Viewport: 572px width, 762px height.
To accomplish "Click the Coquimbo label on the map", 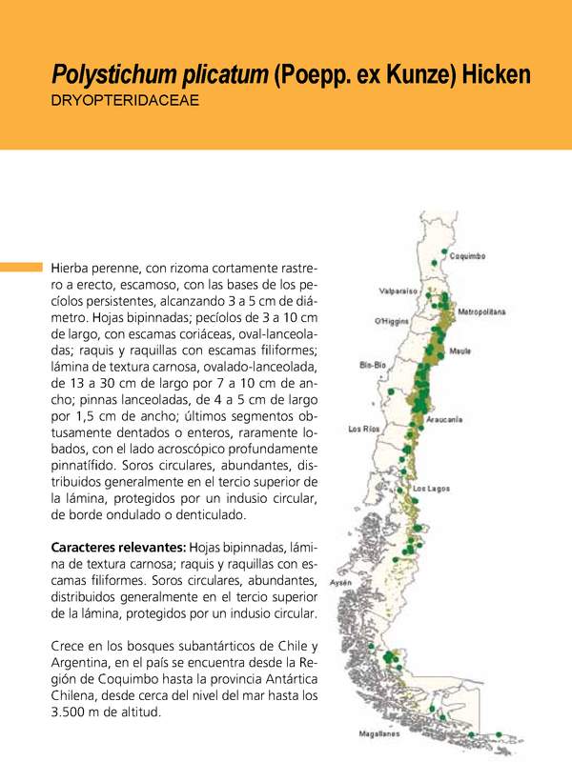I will point(468,256).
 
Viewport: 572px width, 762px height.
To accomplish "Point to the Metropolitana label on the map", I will point(481,311).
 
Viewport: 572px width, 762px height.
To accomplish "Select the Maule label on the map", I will point(460,351).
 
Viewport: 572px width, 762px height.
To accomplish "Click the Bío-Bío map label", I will point(373,365).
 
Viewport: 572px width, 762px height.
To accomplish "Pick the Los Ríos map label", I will point(364,429).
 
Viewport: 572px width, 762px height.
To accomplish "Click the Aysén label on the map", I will point(340,581).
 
